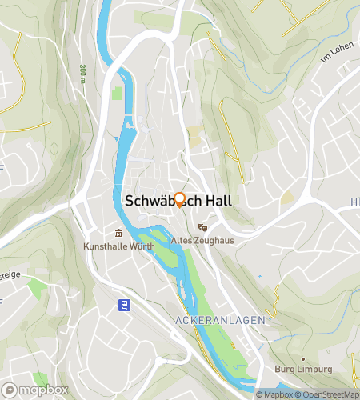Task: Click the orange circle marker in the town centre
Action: (180, 201)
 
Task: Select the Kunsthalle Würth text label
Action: (118, 246)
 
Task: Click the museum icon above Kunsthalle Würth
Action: (118, 234)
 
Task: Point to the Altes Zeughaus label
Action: (201, 239)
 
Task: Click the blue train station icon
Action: (124, 304)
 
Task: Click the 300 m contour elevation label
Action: (82, 74)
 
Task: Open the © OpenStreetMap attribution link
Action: (327, 394)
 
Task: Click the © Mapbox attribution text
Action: (274, 394)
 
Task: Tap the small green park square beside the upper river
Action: (118, 94)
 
